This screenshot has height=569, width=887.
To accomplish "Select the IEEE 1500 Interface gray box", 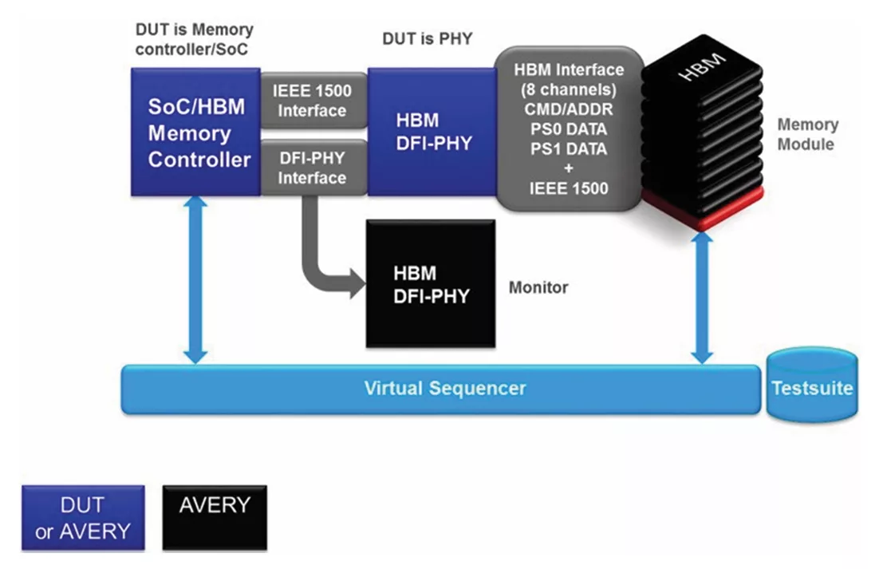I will (313, 101).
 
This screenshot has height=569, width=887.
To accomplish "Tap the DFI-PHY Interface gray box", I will (313, 167).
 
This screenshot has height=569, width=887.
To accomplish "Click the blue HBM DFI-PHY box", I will (432, 132).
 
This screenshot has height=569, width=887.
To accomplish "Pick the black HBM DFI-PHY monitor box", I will (430, 284).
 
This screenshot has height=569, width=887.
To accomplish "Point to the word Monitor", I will (538, 286).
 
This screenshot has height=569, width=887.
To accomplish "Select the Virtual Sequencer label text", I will (445, 389).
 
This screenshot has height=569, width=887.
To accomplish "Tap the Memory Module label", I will (807, 134).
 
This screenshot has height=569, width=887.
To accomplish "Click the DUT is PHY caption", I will (428, 38).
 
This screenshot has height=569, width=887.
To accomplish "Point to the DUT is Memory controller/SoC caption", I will (194, 40).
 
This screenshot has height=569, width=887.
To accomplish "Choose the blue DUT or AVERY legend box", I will (83, 517).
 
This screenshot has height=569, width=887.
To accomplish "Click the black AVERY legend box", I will (215, 517).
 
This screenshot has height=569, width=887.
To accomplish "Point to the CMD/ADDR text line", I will (569, 109).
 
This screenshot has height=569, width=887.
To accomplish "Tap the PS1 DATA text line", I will (569, 149).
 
